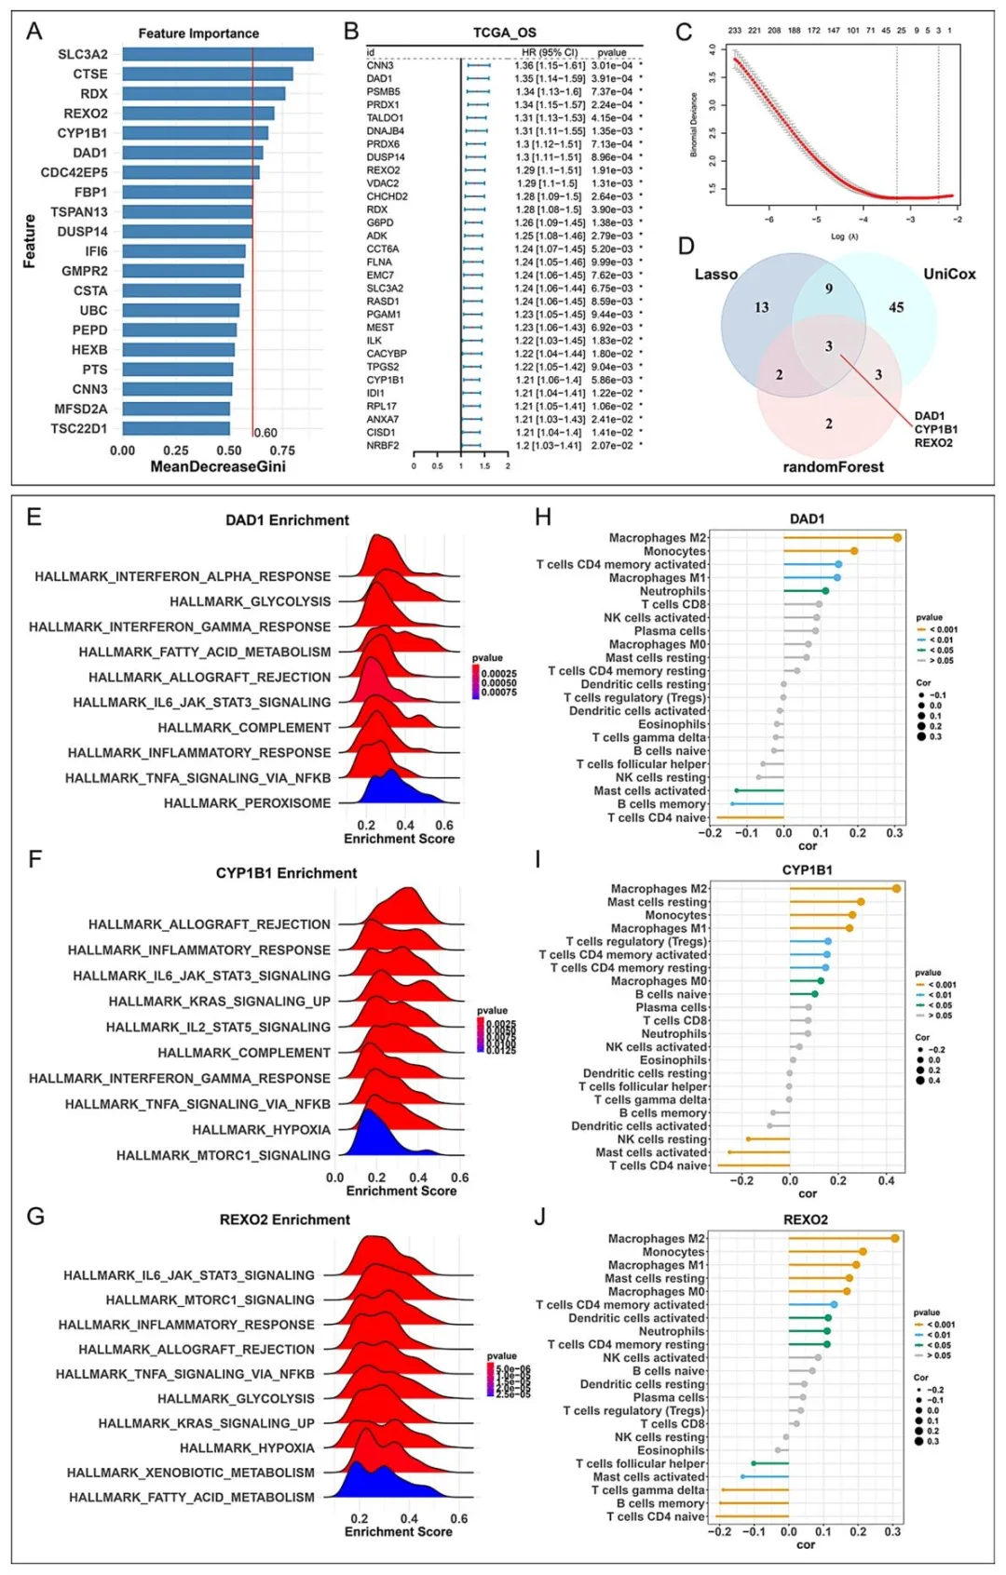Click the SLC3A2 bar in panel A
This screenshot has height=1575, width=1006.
pyautogui.click(x=218, y=54)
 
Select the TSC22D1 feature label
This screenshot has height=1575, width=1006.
pyautogui.click(x=79, y=428)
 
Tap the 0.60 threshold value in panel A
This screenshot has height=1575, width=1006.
pyautogui.click(x=265, y=433)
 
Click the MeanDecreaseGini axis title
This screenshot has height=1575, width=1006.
pyautogui.click(x=218, y=465)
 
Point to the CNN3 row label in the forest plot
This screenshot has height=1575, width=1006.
pyautogui.click(x=380, y=65)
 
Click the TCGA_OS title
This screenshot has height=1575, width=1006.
pyautogui.click(x=505, y=33)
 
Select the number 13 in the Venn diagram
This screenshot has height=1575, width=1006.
pyautogui.click(x=762, y=307)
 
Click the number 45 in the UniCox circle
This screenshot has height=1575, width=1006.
pyautogui.click(x=896, y=307)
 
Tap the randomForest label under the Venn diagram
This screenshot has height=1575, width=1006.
pyautogui.click(x=833, y=466)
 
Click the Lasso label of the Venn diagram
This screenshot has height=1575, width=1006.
pyautogui.click(x=715, y=274)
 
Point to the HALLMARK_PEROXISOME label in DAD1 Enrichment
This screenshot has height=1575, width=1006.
pyautogui.click(x=247, y=802)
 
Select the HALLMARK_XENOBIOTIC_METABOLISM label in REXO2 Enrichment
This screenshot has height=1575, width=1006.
pyautogui.click(x=191, y=1472)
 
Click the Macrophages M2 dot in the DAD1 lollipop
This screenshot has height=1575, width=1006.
pyautogui.click(x=897, y=538)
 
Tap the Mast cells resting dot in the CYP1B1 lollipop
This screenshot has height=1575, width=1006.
pyautogui.click(x=861, y=902)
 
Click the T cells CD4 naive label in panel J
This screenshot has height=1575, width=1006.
pyautogui.click(x=656, y=1516)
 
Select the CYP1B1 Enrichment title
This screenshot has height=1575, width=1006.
pyautogui.click(x=286, y=873)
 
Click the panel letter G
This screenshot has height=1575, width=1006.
pyautogui.click(x=35, y=1216)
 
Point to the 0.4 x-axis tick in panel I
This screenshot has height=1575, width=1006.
pyautogui.click(x=886, y=1180)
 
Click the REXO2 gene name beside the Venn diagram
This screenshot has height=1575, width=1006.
pyautogui.click(x=933, y=443)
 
